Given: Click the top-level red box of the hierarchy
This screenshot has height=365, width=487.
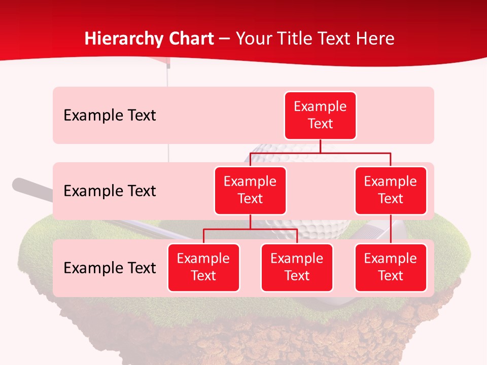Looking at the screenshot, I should click(x=320, y=115).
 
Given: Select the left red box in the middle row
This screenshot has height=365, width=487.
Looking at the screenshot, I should click(x=250, y=190).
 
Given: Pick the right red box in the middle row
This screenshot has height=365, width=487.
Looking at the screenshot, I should click(x=391, y=190).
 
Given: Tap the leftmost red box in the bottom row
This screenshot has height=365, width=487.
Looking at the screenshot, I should click(x=203, y=267).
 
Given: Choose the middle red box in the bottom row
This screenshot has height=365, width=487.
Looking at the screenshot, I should click(x=297, y=267).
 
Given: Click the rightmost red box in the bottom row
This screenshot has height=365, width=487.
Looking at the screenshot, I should click(x=391, y=267).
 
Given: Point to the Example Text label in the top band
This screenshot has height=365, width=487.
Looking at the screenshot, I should click(x=110, y=115).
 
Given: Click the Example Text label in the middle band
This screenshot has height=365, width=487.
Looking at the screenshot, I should click(x=110, y=191).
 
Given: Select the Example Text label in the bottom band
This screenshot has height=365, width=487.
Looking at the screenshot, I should click(x=110, y=268).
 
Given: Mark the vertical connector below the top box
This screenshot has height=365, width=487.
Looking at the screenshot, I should click(x=320, y=146).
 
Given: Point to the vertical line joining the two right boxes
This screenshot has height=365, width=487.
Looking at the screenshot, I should click(x=391, y=229).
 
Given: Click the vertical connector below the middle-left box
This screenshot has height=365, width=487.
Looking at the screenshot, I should click(x=250, y=222).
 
